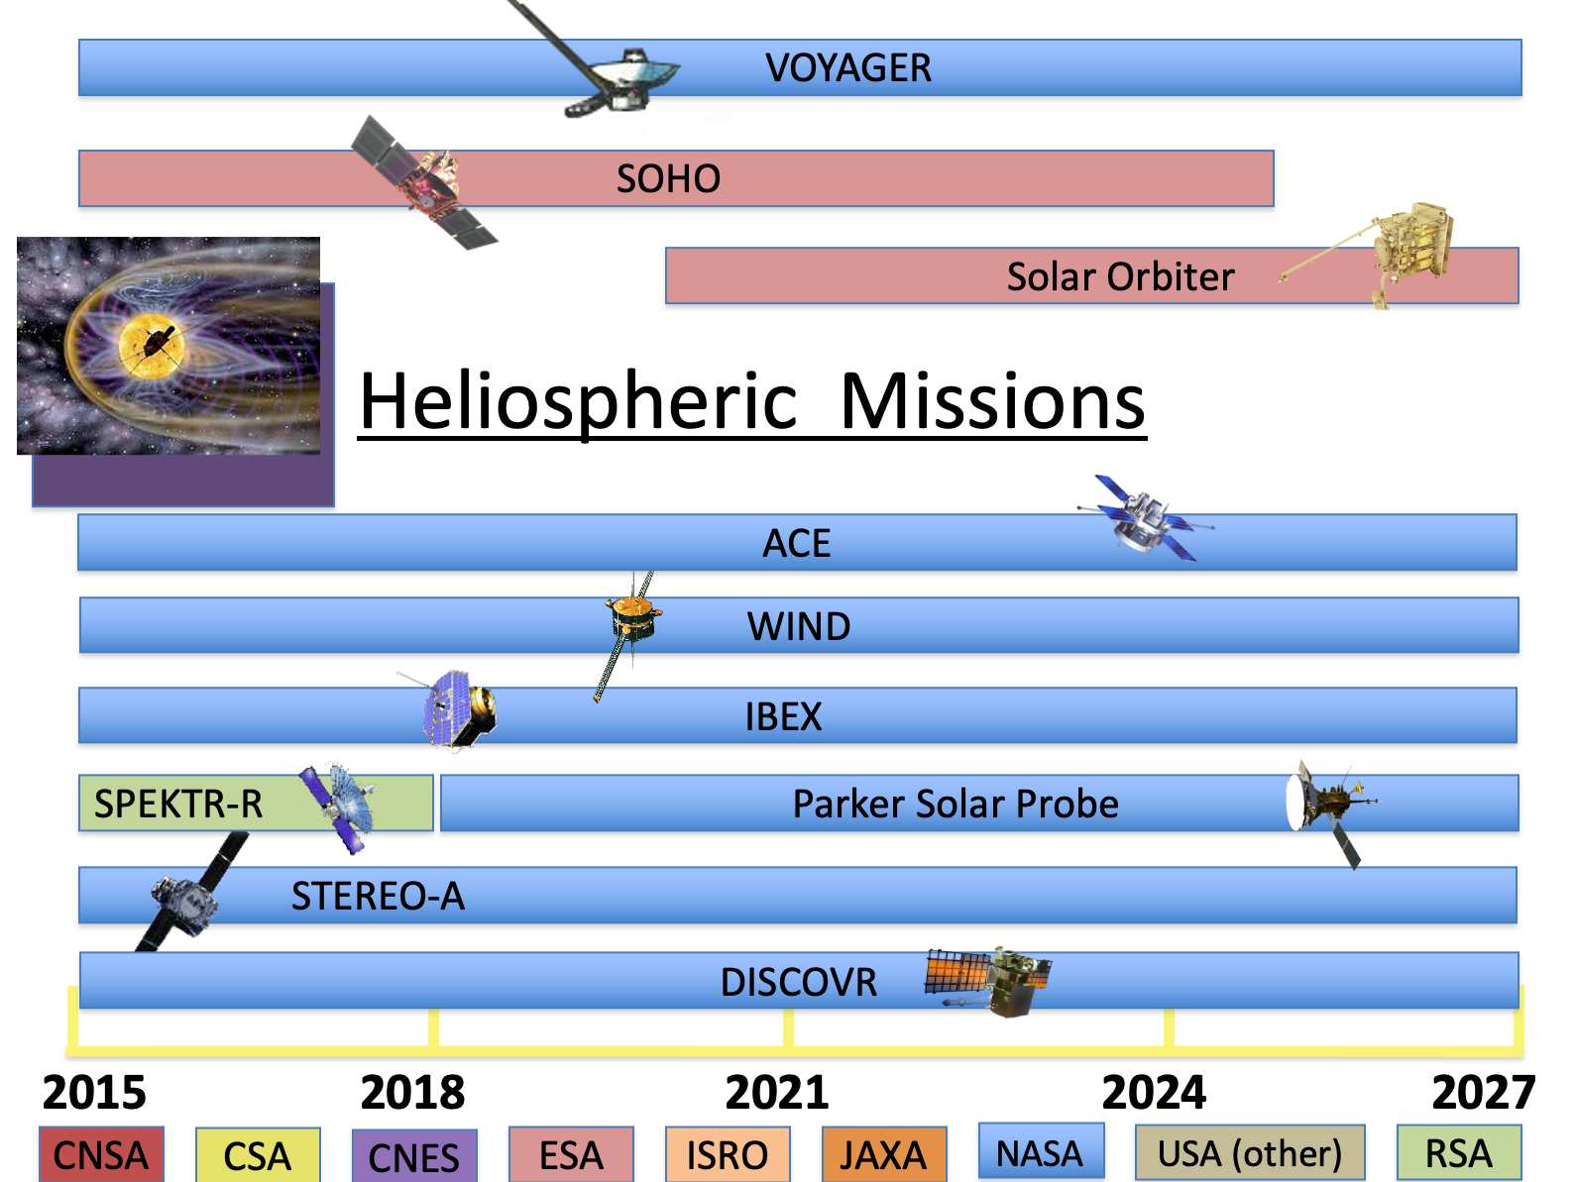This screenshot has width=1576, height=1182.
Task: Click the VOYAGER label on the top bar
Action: (847, 68)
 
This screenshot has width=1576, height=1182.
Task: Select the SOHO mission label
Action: (668, 178)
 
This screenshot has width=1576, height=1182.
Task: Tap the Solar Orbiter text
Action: (1120, 277)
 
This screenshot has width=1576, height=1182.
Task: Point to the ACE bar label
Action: (796, 543)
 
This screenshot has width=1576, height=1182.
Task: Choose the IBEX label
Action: (783, 716)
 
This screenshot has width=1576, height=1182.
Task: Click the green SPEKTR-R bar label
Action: (178, 804)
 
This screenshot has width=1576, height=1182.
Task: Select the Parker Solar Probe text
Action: (956, 804)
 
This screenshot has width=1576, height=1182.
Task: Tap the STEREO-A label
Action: (378, 896)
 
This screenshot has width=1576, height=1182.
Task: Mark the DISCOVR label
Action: (799, 982)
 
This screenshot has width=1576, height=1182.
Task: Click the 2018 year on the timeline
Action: (413, 1092)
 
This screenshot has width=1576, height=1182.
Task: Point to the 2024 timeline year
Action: (1154, 1092)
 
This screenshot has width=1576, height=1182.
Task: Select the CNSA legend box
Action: (101, 1154)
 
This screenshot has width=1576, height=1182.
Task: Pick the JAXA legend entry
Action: (884, 1154)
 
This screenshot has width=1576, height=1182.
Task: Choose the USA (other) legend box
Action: (1249, 1152)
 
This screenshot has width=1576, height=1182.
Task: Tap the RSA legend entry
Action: (1458, 1152)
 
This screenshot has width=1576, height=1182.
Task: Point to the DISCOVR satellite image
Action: (988, 981)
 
